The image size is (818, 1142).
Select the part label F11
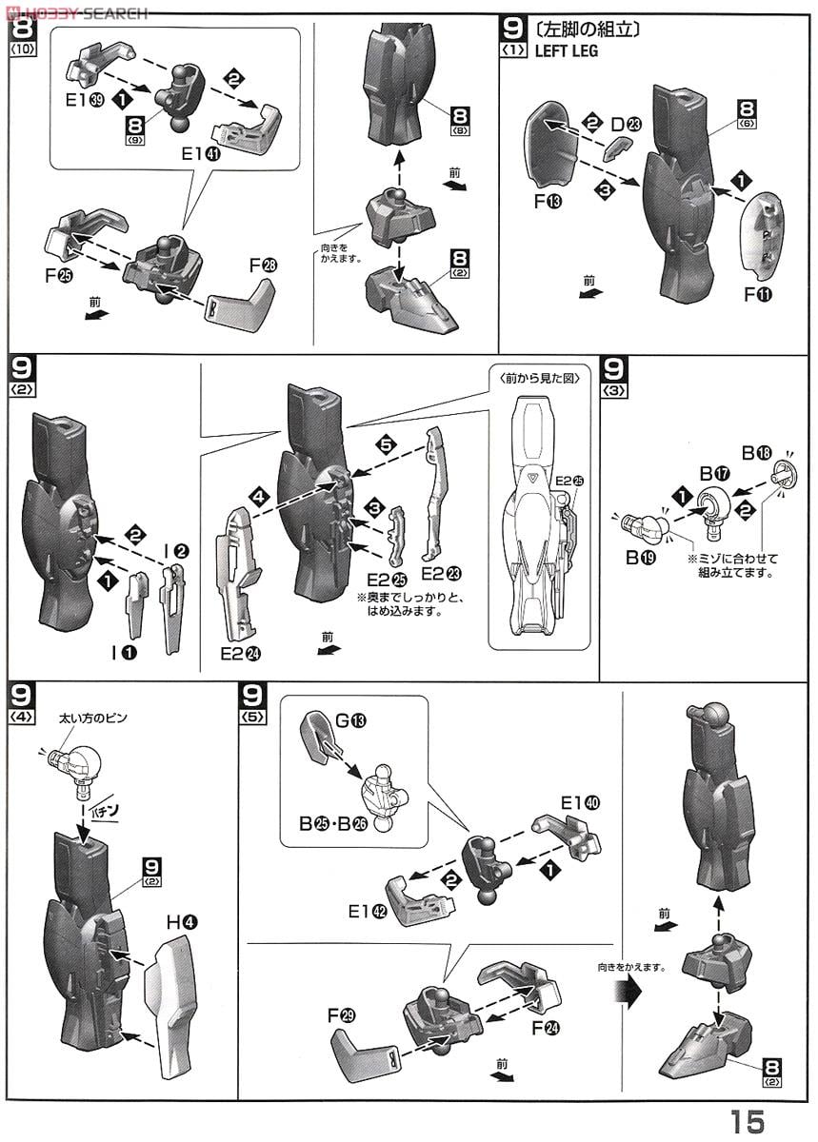[757, 295]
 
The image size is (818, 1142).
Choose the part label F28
[263, 266]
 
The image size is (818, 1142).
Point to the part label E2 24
[240, 653]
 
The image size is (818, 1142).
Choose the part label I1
[124, 652]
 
